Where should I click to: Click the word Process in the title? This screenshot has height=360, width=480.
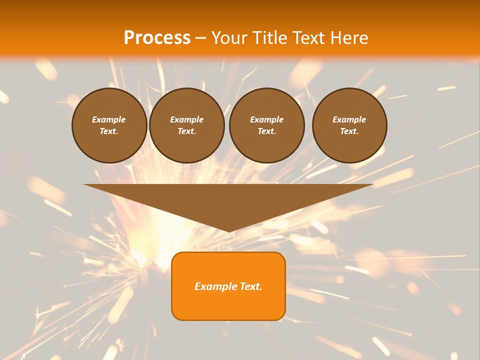(x=157, y=38)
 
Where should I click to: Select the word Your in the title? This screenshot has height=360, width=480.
(x=228, y=38)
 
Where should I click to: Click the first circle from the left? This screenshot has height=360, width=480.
(x=109, y=125)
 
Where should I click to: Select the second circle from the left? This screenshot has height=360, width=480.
(x=186, y=125)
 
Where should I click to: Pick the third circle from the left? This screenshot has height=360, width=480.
(x=266, y=125)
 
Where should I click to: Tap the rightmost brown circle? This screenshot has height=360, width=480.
(x=349, y=125)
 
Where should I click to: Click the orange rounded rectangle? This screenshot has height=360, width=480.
(x=228, y=286)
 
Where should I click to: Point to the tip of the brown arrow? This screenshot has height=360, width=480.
(x=229, y=231)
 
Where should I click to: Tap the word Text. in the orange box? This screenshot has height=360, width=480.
(x=250, y=286)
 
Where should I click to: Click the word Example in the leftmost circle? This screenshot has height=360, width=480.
(x=109, y=119)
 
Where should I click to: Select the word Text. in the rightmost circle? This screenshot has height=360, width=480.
(x=349, y=131)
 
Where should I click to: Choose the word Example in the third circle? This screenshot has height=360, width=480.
(x=266, y=119)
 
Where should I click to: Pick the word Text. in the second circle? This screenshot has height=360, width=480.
(x=186, y=131)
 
